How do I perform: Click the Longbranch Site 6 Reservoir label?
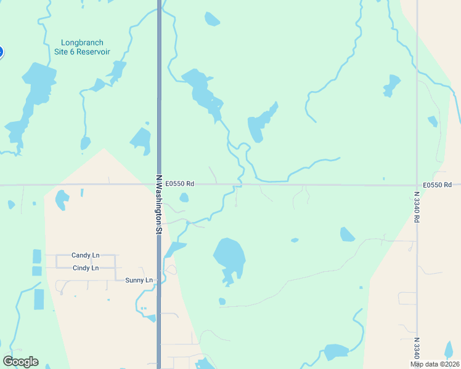(85, 47)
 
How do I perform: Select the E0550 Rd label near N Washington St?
(179, 183)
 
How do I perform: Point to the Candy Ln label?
(85, 255)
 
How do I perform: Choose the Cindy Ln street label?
(85, 268)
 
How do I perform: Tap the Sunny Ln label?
(139, 280)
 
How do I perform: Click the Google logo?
(20, 362)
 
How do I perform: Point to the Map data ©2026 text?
(434, 364)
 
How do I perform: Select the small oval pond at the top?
(211, 19)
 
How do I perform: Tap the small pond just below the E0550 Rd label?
(184, 197)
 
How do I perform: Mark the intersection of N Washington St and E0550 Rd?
(158, 184)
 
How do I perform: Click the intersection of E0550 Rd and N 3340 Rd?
(417, 184)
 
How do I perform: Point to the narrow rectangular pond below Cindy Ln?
(39, 299)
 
